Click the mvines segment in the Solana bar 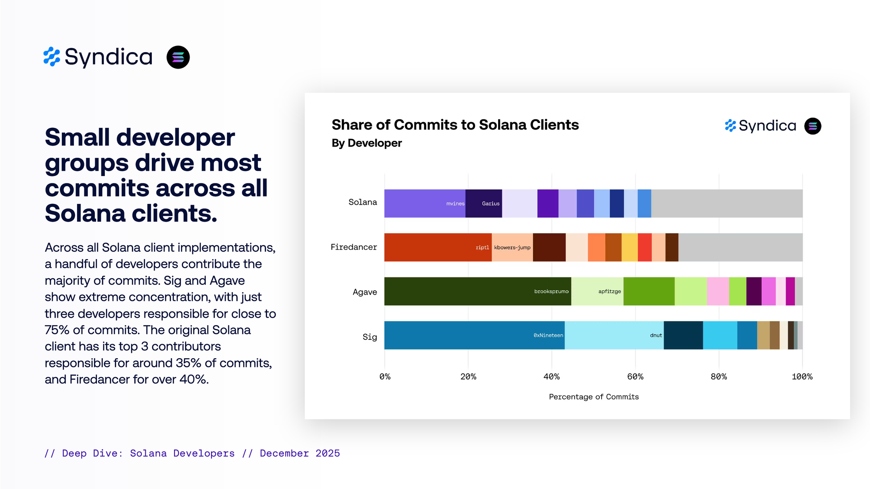[x=425, y=203]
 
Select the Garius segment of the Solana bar [x=484, y=203]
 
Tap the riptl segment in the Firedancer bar [x=438, y=247]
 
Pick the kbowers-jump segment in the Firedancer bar [x=512, y=247]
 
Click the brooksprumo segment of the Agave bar [x=478, y=291]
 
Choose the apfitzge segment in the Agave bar [x=597, y=291]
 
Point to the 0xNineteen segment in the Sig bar [x=475, y=335]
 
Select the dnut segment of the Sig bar [x=614, y=335]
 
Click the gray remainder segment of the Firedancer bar [x=740, y=247]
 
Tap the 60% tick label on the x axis [x=635, y=377]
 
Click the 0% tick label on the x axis [x=385, y=377]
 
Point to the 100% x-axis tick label [x=802, y=377]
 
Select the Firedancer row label [x=354, y=247]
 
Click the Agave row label [x=365, y=292]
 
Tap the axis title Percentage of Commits [x=594, y=397]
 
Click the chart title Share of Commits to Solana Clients [x=455, y=125]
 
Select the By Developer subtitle [x=367, y=143]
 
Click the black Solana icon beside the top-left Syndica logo [x=178, y=57]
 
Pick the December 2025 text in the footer [x=300, y=453]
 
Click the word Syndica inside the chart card [x=767, y=126]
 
